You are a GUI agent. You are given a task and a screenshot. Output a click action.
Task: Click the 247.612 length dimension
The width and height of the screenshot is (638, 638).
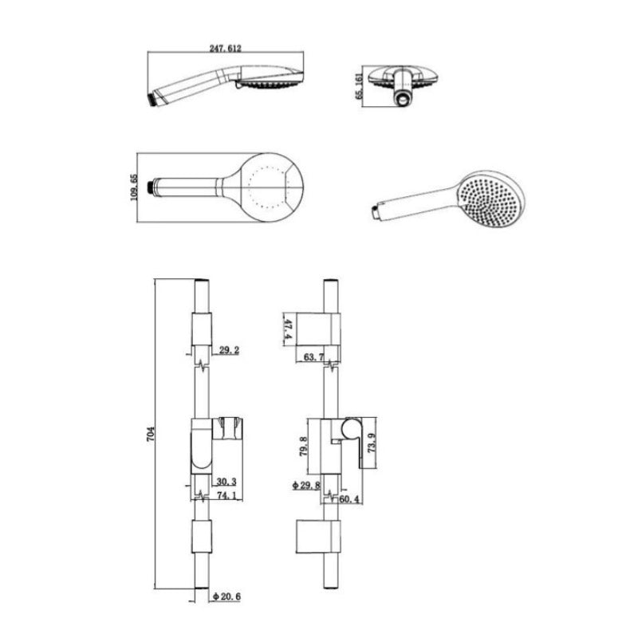[226, 48]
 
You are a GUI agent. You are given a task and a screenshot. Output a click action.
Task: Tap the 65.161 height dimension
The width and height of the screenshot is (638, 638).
[359, 85]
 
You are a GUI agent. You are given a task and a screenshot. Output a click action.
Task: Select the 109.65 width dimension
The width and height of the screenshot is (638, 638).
[134, 187]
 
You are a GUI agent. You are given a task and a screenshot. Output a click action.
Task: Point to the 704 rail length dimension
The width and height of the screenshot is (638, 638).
[151, 435]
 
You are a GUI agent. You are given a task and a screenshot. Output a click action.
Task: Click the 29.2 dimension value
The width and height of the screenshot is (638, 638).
[229, 350]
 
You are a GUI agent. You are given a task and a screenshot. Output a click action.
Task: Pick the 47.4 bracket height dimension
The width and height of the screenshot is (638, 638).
[288, 329]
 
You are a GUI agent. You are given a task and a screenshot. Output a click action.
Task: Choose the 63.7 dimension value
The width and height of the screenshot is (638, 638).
[313, 357]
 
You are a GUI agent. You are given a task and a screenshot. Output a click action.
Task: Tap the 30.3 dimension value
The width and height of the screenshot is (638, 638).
[226, 482]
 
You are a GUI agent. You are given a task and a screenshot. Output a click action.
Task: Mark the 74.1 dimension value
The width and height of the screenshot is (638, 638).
[227, 495]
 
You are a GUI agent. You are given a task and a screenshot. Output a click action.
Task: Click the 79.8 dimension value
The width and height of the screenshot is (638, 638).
[304, 446]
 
